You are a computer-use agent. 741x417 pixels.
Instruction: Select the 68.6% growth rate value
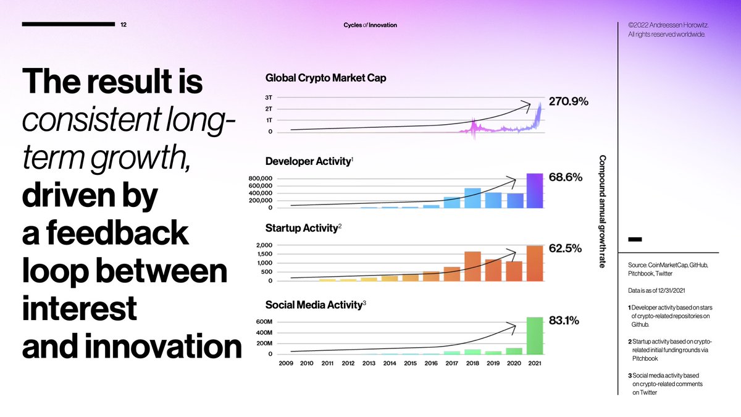[x=566, y=177]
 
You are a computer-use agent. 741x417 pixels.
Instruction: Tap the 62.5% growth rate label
[x=565, y=249]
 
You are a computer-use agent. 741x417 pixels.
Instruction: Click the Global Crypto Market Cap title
[x=325, y=78]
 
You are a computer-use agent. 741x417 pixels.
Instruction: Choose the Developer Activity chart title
[x=308, y=162]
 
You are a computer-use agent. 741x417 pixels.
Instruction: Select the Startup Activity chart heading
[x=301, y=229]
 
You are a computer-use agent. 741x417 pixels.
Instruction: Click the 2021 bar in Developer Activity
[x=534, y=191]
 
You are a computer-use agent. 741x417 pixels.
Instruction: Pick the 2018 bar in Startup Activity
[x=472, y=266]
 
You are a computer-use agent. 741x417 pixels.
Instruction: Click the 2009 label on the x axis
[x=286, y=363]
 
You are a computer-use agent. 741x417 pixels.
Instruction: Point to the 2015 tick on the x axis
[x=410, y=363]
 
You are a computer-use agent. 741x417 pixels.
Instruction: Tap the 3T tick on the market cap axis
[x=270, y=98]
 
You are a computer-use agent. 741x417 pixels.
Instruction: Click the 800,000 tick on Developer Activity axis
[x=261, y=179]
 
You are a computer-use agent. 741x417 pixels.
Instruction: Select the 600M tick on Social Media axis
[x=263, y=322]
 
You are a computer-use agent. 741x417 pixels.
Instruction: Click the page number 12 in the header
[x=124, y=25]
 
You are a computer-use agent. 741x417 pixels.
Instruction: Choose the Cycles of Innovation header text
[x=371, y=25]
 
